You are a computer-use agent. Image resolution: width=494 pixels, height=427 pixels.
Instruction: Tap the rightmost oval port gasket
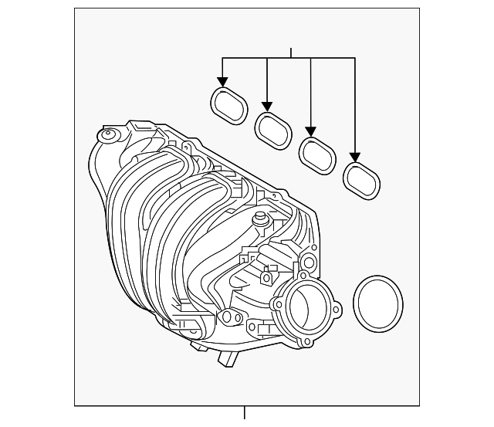click(360, 181)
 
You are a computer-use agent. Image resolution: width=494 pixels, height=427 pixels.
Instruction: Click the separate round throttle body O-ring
click(378, 303)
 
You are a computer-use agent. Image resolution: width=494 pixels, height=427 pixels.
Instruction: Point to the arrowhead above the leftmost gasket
click(222, 81)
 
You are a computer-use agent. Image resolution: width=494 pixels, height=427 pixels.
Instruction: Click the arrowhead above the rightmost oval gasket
click(356, 159)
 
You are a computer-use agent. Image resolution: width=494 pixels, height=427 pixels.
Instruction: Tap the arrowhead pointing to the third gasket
click(311, 131)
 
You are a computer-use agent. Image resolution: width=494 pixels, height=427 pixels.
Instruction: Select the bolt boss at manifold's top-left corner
click(106, 136)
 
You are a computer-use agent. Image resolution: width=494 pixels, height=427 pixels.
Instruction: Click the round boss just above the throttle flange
click(308, 259)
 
